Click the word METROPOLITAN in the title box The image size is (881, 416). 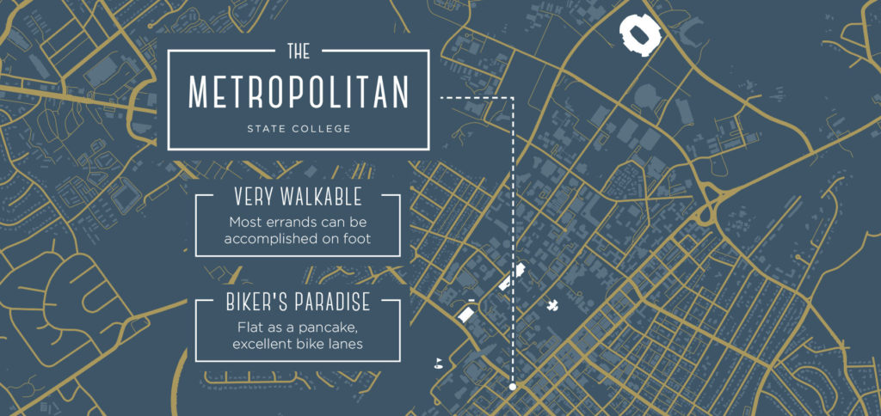tap(299, 94)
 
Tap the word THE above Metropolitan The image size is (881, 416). tap(299, 52)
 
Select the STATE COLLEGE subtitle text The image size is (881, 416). tap(299, 130)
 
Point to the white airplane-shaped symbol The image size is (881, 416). tap(551, 305)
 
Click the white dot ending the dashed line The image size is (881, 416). tap(513, 387)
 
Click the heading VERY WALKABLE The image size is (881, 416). tap(299, 197)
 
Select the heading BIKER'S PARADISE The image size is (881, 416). tap(299, 303)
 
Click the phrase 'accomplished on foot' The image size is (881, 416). tap(299, 238)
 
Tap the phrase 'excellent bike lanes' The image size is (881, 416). tap(299, 344)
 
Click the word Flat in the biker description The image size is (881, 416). tap(250, 327)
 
